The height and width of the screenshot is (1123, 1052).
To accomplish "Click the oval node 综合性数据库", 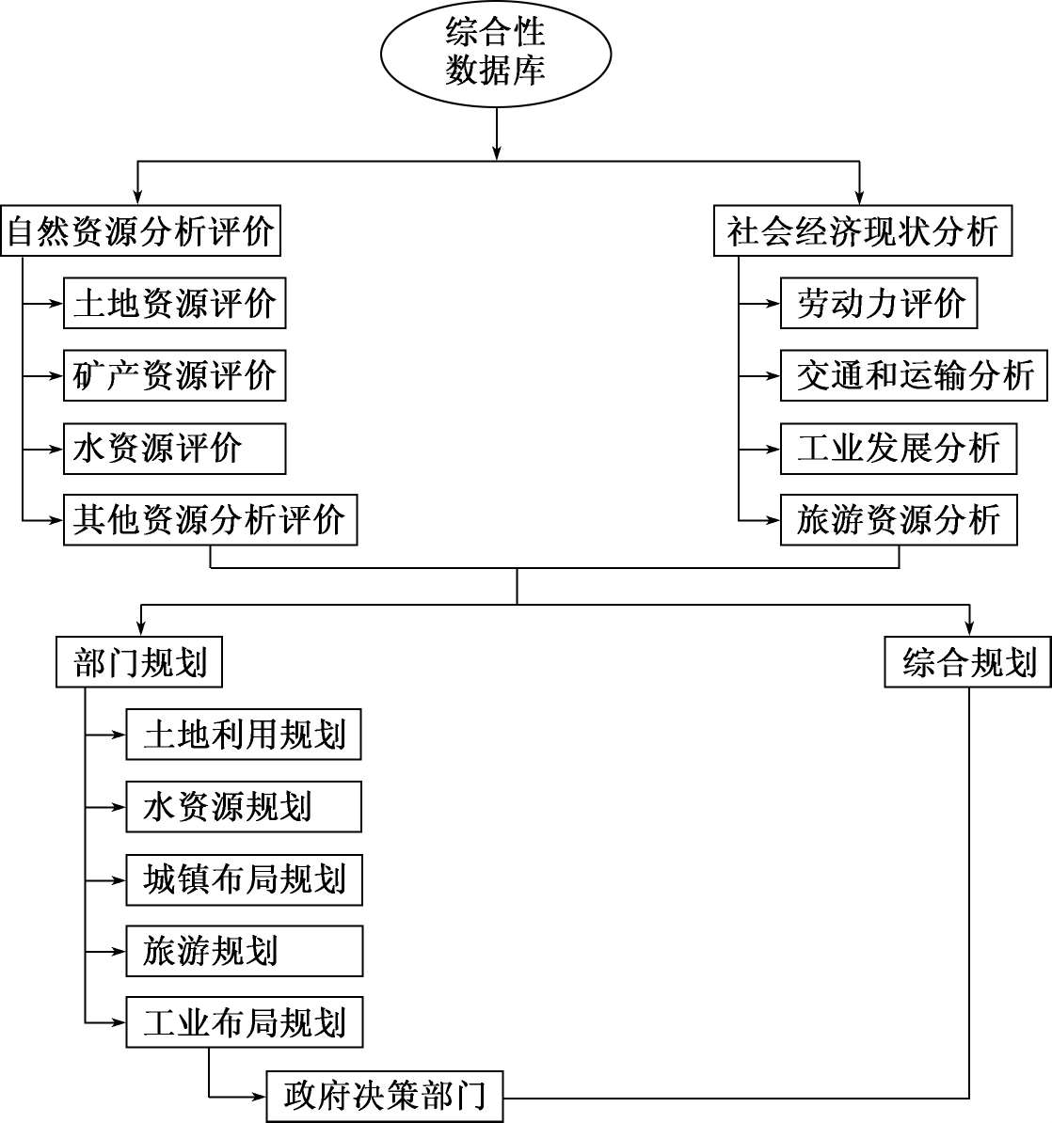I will click(x=496, y=53).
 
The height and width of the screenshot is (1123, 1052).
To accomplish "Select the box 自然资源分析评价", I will click(x=141, y=231).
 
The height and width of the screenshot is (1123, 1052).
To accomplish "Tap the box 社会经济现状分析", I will click(x=862, y=231).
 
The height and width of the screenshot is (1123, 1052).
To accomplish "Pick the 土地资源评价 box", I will click(x=174, y=303).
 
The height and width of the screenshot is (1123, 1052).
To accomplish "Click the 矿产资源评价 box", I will click(x=174, y=375).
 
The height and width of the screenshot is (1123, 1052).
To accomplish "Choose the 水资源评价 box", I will click(x=174, y=448).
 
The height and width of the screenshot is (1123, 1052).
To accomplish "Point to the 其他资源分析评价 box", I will click(x=210, y=519).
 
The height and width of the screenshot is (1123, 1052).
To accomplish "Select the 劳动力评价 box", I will click(x=879, y=303).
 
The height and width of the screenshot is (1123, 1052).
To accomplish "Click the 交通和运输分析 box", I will click(x=914, y=375).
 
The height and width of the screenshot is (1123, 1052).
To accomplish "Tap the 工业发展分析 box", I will click(x=899, y=448).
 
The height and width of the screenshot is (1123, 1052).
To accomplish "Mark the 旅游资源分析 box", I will click(x=899, y=519).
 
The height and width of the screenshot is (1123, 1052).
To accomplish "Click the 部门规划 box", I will click(x=139, y=662).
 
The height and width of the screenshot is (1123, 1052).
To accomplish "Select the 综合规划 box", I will click(x=968, y=662).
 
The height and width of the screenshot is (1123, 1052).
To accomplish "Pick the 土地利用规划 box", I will click(x=244, y=735).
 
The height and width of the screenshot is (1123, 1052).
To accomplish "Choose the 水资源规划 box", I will click(x=244, y=807).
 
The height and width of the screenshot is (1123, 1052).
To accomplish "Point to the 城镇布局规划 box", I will click(x=244, y=879).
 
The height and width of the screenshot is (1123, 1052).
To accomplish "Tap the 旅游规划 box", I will click(x=244, y=951).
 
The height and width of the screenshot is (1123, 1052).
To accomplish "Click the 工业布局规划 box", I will click(x=244, y=1022).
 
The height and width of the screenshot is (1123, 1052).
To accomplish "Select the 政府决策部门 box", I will click(x=385, y=1096).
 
